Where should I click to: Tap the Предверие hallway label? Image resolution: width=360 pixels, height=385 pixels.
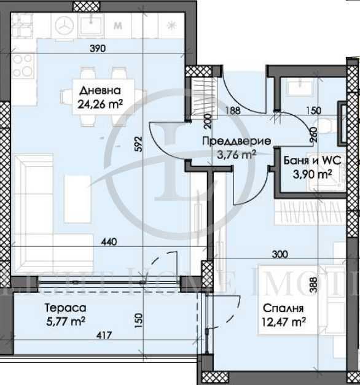(x=237, y=141)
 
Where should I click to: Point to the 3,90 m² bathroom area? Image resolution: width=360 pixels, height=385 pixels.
(x=312, y=174)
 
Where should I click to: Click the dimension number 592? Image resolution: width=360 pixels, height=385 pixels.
(x=139, y=142)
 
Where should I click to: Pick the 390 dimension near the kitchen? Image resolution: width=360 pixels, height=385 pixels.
(x=97, y=49)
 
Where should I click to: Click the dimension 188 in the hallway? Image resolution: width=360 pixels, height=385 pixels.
(x=233, y=111)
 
